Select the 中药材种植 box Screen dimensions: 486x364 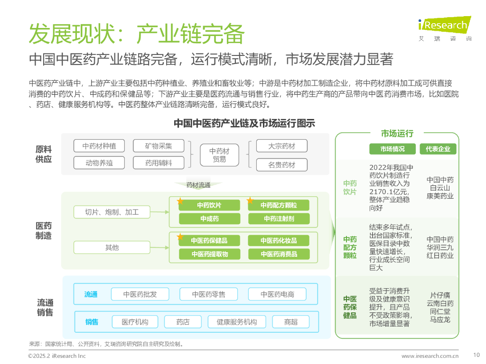99,146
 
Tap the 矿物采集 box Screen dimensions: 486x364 159,146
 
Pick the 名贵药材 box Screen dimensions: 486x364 281,165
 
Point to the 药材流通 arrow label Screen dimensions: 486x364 198,185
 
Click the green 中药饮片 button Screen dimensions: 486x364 209,205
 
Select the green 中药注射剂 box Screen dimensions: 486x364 279,218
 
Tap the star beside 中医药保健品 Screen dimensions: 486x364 180,237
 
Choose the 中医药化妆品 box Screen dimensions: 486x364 279,240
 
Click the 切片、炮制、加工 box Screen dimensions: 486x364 112,212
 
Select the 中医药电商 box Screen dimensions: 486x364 277,294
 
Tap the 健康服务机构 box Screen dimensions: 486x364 237,322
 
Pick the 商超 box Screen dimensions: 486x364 291,322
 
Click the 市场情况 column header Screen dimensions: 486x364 393,149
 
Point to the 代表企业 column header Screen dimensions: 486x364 438,149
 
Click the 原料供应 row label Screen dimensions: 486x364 44,154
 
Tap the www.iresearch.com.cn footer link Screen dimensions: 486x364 430,356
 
